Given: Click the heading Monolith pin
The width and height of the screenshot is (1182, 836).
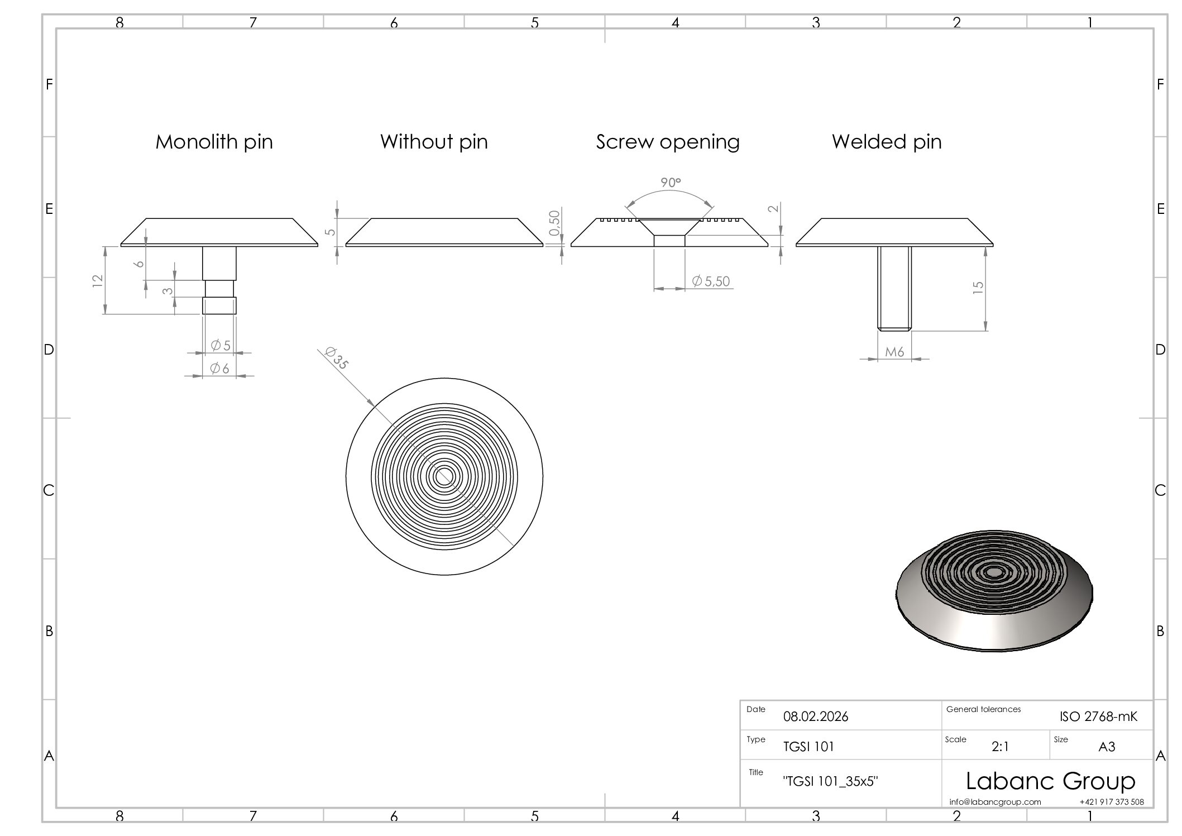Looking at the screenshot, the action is tap(214, 142).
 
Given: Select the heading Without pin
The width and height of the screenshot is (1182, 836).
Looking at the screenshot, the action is tap(434, 142).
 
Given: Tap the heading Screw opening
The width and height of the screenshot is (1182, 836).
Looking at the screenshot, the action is tap(668, 142).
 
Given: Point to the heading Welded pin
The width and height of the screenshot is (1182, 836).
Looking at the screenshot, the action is tap(887, 142).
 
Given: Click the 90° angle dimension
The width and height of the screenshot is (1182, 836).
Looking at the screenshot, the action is tap(671, 183).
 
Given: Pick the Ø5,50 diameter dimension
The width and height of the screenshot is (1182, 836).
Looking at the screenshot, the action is tap(711, 281).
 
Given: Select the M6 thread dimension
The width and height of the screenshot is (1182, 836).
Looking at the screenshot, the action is tap(894, 352).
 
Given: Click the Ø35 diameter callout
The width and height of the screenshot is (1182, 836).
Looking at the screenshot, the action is tap(337, 358).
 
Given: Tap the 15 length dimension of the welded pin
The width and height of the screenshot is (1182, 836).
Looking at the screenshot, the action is tap(978, 288).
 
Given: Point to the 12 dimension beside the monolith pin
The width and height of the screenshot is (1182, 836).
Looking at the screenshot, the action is tap(97, 280).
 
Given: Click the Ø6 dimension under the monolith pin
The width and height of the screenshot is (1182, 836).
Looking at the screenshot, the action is tap(219, 369).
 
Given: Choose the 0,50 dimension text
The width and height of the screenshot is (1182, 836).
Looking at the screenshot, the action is tap(554, 223).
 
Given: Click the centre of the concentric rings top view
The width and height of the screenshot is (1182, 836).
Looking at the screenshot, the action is tap(444, 476).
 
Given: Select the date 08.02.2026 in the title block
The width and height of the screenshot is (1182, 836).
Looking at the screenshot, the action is tap(816, 716).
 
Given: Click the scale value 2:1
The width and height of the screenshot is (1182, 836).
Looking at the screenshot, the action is tap(1000, 747).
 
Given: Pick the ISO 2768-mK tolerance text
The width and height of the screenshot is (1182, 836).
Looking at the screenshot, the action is tap(1098, 716).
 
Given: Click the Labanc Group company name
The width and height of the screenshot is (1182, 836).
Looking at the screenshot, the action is tap(1050, 781).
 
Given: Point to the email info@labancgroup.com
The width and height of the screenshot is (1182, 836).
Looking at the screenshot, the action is tap(995, 802).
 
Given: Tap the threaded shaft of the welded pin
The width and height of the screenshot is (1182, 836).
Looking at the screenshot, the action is tap(894, 289).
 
